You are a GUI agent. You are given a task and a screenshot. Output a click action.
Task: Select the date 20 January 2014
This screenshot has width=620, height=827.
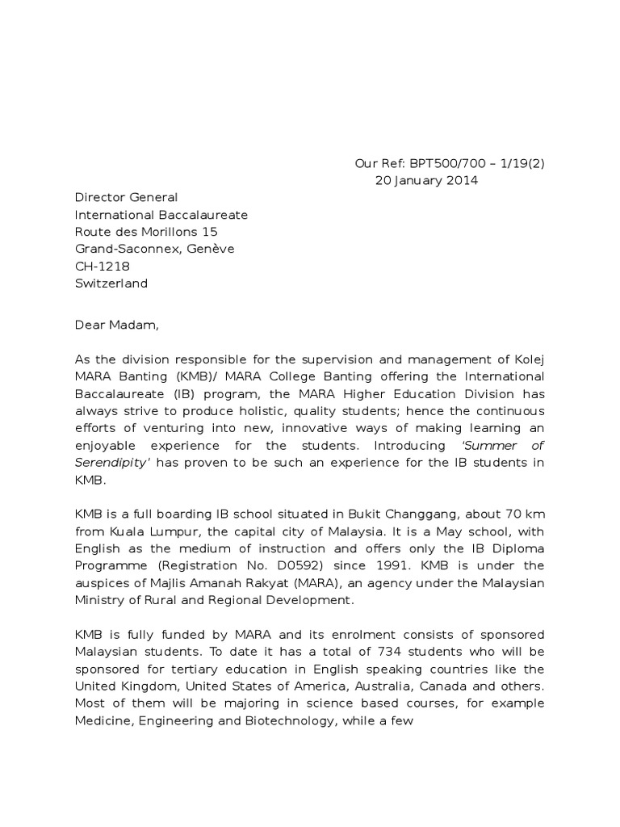(x=426, y=180)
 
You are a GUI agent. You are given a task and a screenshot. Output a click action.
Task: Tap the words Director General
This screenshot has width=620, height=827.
(x=126, y=197)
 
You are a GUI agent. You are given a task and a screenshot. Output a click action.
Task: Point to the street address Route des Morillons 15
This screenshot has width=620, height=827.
(x=146, y=232)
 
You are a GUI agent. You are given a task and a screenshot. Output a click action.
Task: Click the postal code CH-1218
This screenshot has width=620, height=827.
(x=103, y=267)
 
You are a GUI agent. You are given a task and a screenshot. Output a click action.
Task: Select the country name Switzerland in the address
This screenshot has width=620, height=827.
(x=111, y=283)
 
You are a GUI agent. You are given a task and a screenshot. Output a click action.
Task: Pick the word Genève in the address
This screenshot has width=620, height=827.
(x=210, y=249)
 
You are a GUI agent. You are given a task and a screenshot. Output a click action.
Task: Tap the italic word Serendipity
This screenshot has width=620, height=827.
(x=111, y=462)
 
